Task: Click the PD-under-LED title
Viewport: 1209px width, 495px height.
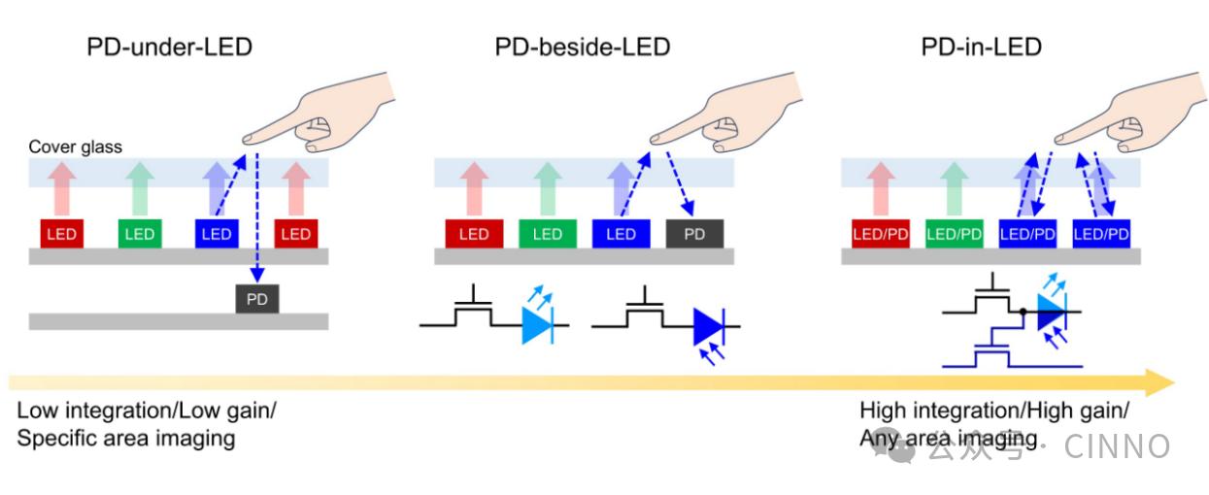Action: point(170,48)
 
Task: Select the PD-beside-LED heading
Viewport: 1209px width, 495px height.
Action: point(583,48)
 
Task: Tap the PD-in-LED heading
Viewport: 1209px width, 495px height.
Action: point(982,48)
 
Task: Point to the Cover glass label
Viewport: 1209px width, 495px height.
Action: point(75,147)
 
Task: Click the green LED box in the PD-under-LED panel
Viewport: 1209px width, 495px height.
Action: point(139,234)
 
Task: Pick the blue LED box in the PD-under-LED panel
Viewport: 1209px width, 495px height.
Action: point(216,234)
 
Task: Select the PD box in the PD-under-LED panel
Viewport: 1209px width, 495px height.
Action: point(256,299)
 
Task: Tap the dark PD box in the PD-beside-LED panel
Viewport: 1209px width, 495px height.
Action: point(694,234)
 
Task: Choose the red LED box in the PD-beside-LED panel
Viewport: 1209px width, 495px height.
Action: point(473,234)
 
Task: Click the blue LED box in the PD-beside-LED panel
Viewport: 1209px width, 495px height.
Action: point(621,234)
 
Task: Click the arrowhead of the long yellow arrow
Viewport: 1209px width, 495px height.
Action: point(1160,381)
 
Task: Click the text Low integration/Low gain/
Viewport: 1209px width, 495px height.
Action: point(146,410)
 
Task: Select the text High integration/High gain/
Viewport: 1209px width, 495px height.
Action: point(993,410)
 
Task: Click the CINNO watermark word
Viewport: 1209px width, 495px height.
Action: point(1118,446)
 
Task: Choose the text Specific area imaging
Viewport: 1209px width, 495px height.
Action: point(126,439)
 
